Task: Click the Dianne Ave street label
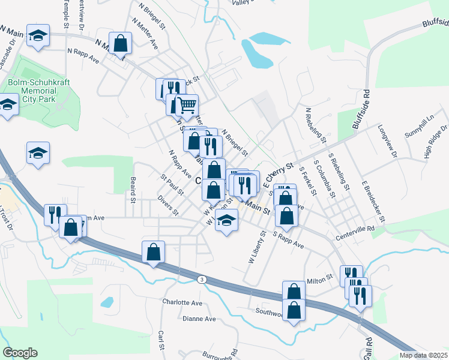tap(199, 319)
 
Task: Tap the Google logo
tap(20, 353)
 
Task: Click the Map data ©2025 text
tap(424, 355)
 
